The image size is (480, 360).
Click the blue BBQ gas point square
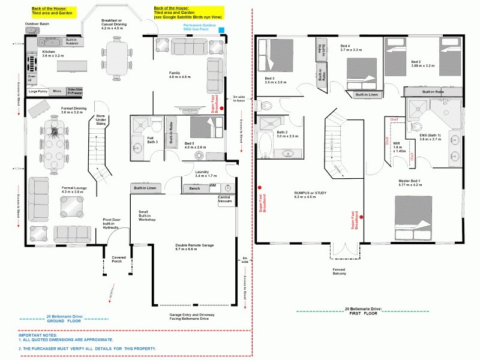click(x=222, y=29)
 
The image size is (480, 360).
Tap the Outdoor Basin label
click(x=37, y=24)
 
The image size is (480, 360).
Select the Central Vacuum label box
click(x=226, y=199)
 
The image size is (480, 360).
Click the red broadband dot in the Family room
click(x=221, y=109)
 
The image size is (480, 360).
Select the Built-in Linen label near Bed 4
click(x=367, y=95)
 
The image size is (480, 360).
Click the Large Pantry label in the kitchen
click(x=37, y=91)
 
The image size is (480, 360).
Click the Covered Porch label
click(x=119, y=259)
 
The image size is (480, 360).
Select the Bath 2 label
click(x=287, y=134)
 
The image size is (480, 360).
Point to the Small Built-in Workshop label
click(x=147, y=216)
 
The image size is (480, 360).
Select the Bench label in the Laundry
click(x=194, y=188)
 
